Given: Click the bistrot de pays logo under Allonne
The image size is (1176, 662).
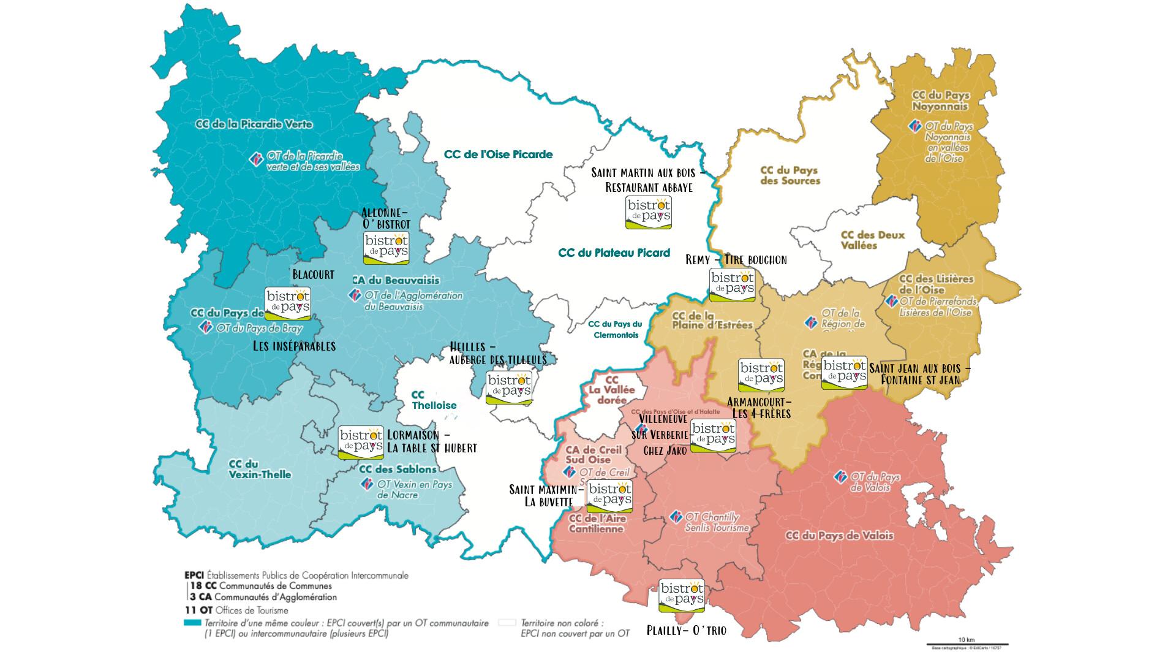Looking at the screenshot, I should [386, 248].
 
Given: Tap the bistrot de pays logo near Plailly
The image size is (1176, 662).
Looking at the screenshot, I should [681, 595].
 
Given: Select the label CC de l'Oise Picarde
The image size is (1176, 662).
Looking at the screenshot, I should [498, 154].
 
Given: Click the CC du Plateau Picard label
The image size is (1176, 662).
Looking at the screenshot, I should [614, 253].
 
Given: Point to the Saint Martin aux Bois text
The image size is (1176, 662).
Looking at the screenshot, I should [643, 173].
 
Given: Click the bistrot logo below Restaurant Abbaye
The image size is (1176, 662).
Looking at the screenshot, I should [648, 212].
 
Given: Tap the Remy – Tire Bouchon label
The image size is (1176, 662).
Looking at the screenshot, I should [736, 260].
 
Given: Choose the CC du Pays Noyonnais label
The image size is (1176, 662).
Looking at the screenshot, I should [940, 101].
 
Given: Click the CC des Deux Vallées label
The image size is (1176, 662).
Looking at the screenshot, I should [872, 240].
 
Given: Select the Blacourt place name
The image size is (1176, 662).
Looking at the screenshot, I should [313, 275].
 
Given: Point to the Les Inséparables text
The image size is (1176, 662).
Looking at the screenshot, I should [294, 346].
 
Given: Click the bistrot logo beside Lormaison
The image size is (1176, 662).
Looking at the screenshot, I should [361, 443].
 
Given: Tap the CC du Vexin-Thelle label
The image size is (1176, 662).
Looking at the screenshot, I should [260, 469].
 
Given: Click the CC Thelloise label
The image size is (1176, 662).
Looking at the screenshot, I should [434, 400].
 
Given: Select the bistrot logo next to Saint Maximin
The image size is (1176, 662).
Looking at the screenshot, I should [609, 496].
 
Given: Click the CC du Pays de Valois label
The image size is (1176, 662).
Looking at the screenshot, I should [839, 535].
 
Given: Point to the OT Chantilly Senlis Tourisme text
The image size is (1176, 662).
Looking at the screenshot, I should [715, 522].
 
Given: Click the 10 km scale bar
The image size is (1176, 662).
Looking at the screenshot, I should [967, 644].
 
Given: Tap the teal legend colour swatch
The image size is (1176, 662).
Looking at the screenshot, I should [192, 623].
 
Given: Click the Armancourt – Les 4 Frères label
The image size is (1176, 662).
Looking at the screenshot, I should [759, 408].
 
